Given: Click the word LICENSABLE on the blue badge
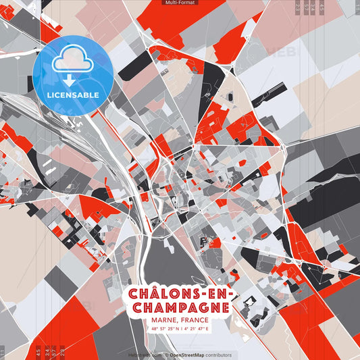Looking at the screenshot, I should (73, 94).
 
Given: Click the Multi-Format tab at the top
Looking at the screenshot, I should (180, 3).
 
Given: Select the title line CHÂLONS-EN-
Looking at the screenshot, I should (180, 295).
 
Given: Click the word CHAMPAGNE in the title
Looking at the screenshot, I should (180, 308).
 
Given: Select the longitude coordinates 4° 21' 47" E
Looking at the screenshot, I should (197, 328).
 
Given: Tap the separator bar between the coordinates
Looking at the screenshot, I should (180, 328).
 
